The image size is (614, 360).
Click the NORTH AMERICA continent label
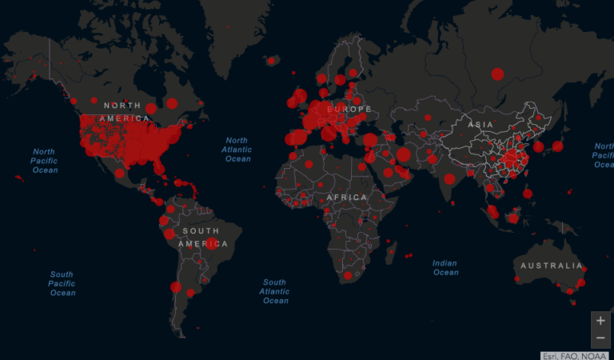(122, 112)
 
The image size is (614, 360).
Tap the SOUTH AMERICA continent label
(199, 237)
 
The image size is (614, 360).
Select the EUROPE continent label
(349, 109)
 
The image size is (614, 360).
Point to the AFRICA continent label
(346, 197)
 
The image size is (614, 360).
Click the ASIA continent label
(480, 125)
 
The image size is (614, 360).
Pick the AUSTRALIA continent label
(552, 266)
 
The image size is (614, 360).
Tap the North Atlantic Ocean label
(237, 150)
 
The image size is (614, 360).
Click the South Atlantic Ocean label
(275, 291)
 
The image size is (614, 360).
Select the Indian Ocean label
(445, 267)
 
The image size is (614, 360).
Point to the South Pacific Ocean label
(62, 283)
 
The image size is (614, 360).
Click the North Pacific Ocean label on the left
(44, 160)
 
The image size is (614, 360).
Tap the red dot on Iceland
(272, 60)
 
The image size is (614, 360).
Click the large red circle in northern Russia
(497, 74)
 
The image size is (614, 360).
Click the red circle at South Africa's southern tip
(348, 276)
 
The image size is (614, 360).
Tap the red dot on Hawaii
(18, 177)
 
